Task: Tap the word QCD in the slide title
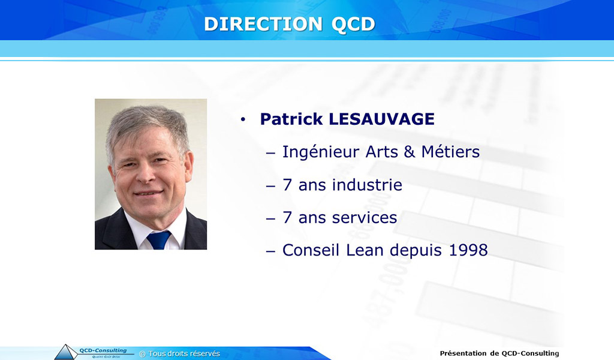pos(353,24)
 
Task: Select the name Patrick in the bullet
pos(291,119)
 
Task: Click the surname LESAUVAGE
pos(382,119)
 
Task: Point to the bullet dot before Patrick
pos(243,119)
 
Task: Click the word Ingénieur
pos(321,152)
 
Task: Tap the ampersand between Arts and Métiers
pos(409,152)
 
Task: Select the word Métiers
pos(450,152)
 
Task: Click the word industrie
pos(367,185)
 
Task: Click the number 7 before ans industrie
pos(287,185)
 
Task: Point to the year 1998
pos(468,250)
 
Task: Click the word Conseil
pos(311,250)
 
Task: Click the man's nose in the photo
pos(146,173)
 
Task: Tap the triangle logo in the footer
pos(66,352)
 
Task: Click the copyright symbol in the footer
pos(142,354)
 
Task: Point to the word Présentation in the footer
pos(463,353)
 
